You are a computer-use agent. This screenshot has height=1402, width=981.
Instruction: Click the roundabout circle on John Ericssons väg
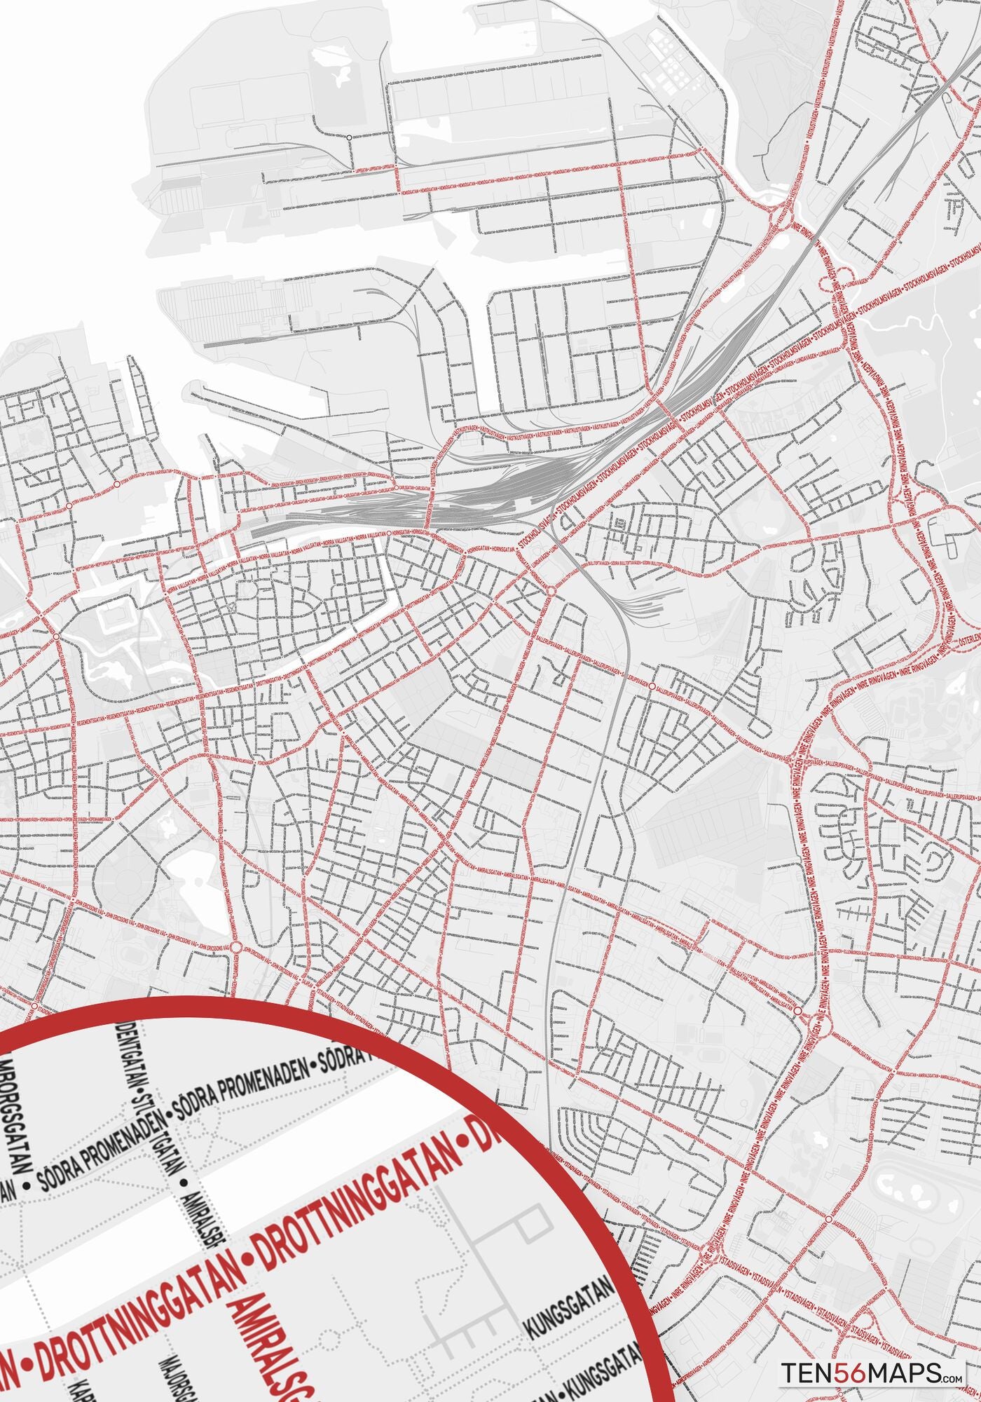(x=236, y=947)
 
